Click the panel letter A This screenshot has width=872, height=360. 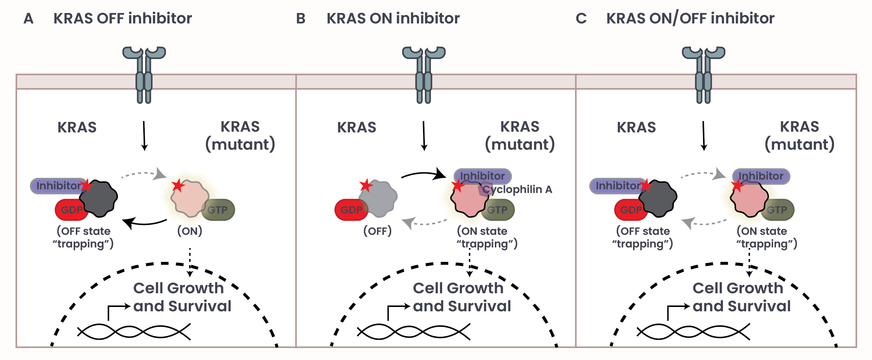pos(29,18)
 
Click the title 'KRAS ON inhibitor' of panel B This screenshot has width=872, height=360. pos(393,18)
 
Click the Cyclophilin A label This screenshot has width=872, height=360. pos(517,189)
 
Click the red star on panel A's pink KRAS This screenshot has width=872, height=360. pos(178,185)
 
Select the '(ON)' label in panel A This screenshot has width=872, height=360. pos(189,231)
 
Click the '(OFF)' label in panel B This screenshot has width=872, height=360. pos(377,231)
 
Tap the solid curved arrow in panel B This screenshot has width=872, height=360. pos(424,175)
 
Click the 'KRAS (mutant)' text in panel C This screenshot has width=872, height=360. pos(799,136)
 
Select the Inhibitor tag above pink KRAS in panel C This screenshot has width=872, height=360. pos(761,176)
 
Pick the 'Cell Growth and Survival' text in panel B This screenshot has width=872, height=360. pos(461,297)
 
